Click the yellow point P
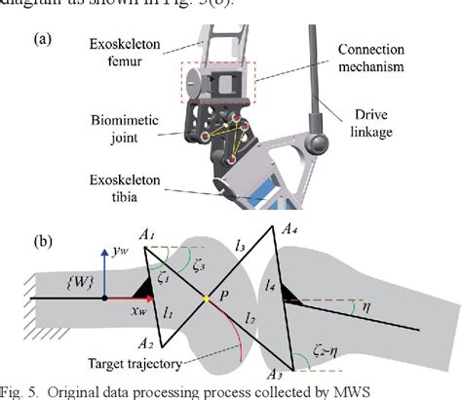(207, 297)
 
